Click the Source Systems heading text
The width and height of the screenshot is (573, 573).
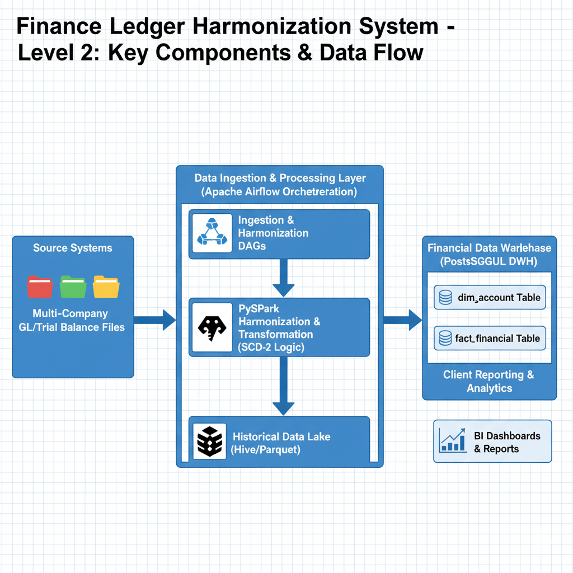click(73, 248)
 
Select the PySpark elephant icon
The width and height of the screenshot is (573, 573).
click(212, 327)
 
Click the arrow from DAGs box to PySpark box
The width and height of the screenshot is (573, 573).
click(283, 277)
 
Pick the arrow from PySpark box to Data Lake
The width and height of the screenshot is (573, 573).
click(283, 386)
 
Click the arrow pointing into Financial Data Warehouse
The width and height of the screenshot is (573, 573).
click(403, 320)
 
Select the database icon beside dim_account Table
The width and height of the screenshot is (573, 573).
click(445, 297)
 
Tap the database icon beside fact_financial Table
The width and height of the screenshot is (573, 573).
click(445, 338)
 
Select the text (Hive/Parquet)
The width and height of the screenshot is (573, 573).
click(265, 449)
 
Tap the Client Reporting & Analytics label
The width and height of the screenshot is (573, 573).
click(489, 381)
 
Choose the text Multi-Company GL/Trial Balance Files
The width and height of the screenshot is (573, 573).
click(71, 320)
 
